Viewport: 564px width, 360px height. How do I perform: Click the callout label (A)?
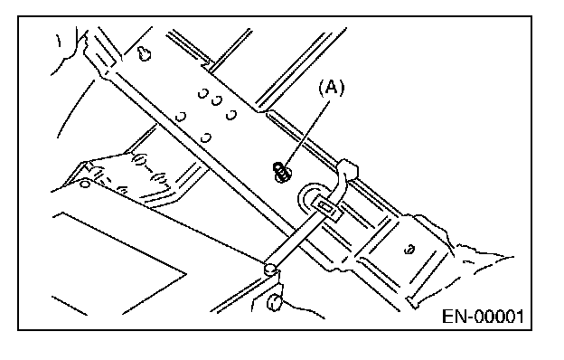[x=332, y=88]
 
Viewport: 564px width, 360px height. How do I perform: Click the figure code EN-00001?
[x=483, y=317]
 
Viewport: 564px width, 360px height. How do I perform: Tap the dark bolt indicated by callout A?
[x=282, y=172]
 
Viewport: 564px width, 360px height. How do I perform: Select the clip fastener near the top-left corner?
[x=145, y=53]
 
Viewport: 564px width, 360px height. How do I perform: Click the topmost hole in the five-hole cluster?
[x=202, y=93]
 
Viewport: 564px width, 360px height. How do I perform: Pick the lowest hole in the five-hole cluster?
[x=206, y=137]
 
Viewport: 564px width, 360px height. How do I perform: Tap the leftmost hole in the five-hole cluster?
[x=181, y=117]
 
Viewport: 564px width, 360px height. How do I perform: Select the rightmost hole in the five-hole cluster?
[x=231, y=115]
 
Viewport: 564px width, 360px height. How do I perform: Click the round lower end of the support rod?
[x=269, y=269]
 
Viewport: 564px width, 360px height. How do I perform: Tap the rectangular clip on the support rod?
[x=326, y=208]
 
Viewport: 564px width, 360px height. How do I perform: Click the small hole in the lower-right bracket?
[x=409, y=249]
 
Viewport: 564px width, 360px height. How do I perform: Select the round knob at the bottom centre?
[x=274, y=302]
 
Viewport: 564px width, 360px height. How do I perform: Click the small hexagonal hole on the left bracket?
[x=85, y=185]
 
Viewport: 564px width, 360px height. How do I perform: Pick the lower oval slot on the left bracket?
[x=159, y=178]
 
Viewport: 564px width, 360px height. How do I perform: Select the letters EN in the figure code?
[x=454, y=317]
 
